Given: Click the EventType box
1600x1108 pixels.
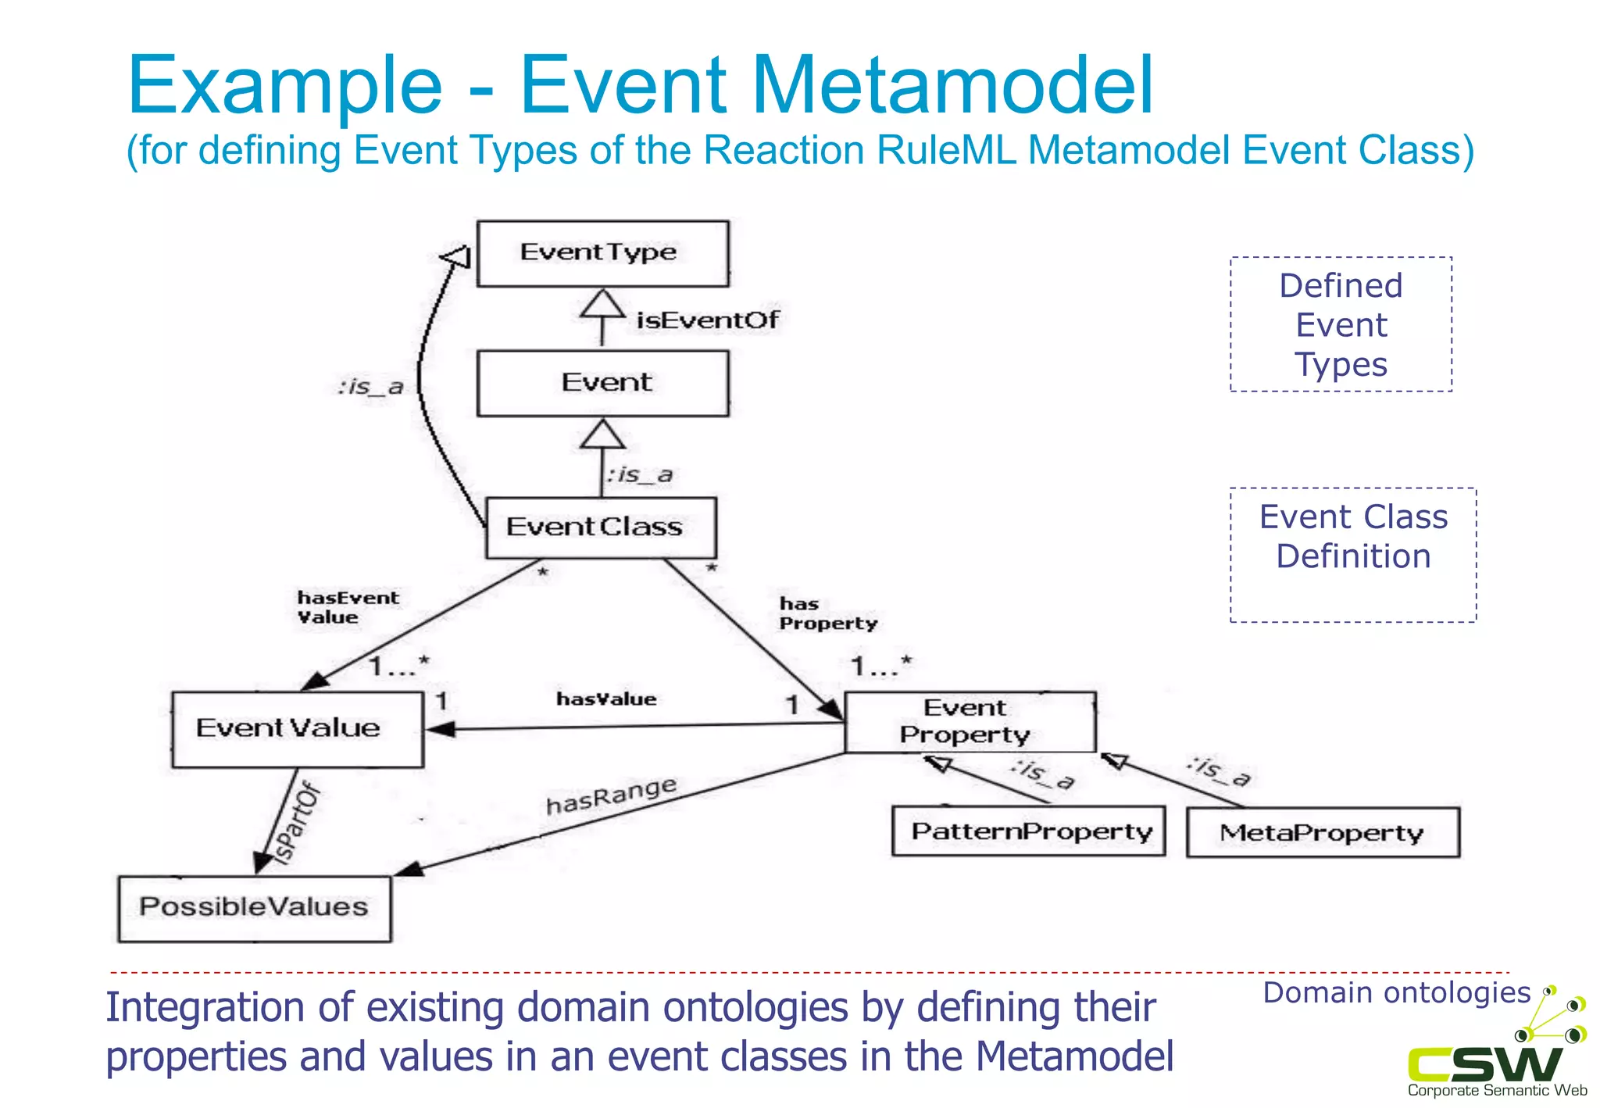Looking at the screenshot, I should (x=602, y=253).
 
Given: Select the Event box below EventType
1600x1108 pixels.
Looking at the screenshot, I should (x=602, y=383).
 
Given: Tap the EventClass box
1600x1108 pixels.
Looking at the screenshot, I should (x=600, y=527).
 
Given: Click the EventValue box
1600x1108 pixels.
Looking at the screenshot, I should (x=298, y=729).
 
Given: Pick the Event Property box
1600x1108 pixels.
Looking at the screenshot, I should (x=969, y=722).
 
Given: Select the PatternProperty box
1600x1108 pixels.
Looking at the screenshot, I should (x=1028, y=831).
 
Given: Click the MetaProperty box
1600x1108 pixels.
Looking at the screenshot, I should (x=1322, y=833).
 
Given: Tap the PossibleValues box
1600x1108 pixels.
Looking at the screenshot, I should (x=254, y=908).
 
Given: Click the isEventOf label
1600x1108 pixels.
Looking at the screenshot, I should (x=707, y=320).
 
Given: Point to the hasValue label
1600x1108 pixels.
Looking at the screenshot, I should (x=606, y=699).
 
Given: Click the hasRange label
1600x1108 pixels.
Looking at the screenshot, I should (x=611, y=795).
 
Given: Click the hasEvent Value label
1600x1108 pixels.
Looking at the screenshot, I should (x=347, y=608).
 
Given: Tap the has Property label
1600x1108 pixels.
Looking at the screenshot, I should (x=827, y=614).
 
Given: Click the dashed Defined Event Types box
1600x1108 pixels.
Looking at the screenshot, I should (x=1341, y=324).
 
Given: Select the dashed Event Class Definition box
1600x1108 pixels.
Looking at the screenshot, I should (x=1352, y=555).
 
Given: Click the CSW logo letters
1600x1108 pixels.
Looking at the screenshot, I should (x=1484, y=1064).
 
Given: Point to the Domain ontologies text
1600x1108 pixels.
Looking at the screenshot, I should (x=1396, y=993).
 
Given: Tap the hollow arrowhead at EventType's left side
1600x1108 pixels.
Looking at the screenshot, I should (x=457, y=256).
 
